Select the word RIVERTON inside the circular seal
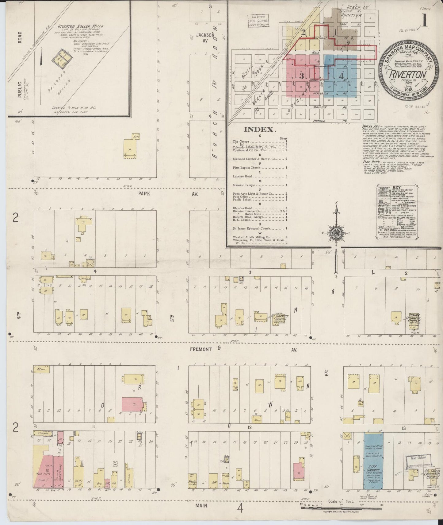point(408,74)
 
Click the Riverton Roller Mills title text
point(80,26)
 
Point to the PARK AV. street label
point(144,194)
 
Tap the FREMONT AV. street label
point(201,349)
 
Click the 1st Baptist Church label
point(280,318)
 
